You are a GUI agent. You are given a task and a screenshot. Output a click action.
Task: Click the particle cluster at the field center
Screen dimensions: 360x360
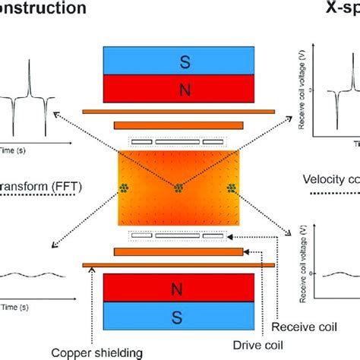coord(178,187)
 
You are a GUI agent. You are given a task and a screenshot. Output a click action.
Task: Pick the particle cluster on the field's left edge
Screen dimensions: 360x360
coord(122,187)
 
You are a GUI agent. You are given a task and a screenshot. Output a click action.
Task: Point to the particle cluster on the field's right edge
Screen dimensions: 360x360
coord(232,187)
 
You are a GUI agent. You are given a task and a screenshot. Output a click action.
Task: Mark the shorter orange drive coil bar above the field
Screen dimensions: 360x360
coord(178,125)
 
